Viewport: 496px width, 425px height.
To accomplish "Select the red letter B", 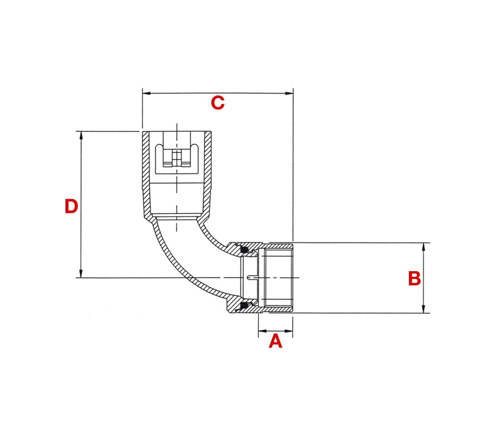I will coord(414,279).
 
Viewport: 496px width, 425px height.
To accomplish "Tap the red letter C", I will coord(217,103).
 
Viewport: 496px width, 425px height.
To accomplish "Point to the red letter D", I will coord(71,206).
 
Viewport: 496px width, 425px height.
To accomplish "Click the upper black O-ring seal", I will coord(243,251).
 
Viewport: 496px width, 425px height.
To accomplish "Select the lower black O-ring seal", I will coord(243,305).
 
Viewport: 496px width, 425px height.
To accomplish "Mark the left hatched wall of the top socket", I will coord(147,177).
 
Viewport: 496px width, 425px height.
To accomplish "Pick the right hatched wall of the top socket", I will coord(207,177).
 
